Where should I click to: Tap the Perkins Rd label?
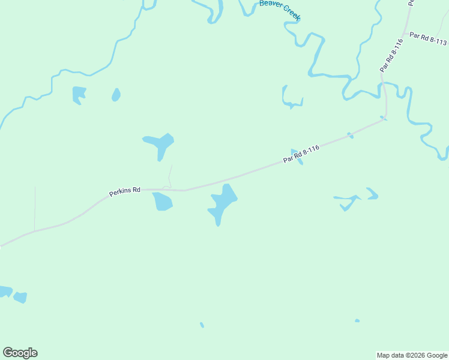pyautogui.click(x=125, y=192)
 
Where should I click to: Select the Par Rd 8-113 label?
pyautogui.click(x=428, y=39)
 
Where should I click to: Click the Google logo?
pyautogui.click(x=20, y=353)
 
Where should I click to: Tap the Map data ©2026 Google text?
pyautogui.click(x=412, y=355)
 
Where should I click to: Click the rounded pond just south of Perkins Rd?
pyautogui.click(x=162, y=202)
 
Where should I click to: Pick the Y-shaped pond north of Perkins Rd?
pyautogui.click(x=160, y=144)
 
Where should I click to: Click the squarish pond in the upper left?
pyautogui.click(x=79, y=94)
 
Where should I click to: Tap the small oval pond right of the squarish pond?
pyautogui.click(x=116, y=94)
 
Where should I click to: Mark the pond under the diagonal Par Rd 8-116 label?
pyautogui.click(x=297, y=157)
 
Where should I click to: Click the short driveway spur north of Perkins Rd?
pyautogui.click(x=170, y=177)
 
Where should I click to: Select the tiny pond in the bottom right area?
pyautogui.click(x=357, y=320)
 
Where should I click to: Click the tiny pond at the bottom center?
pyautogui.click(x=202, y=325)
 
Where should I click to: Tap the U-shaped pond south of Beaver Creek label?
pyautogui.click(x=292, y=98)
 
